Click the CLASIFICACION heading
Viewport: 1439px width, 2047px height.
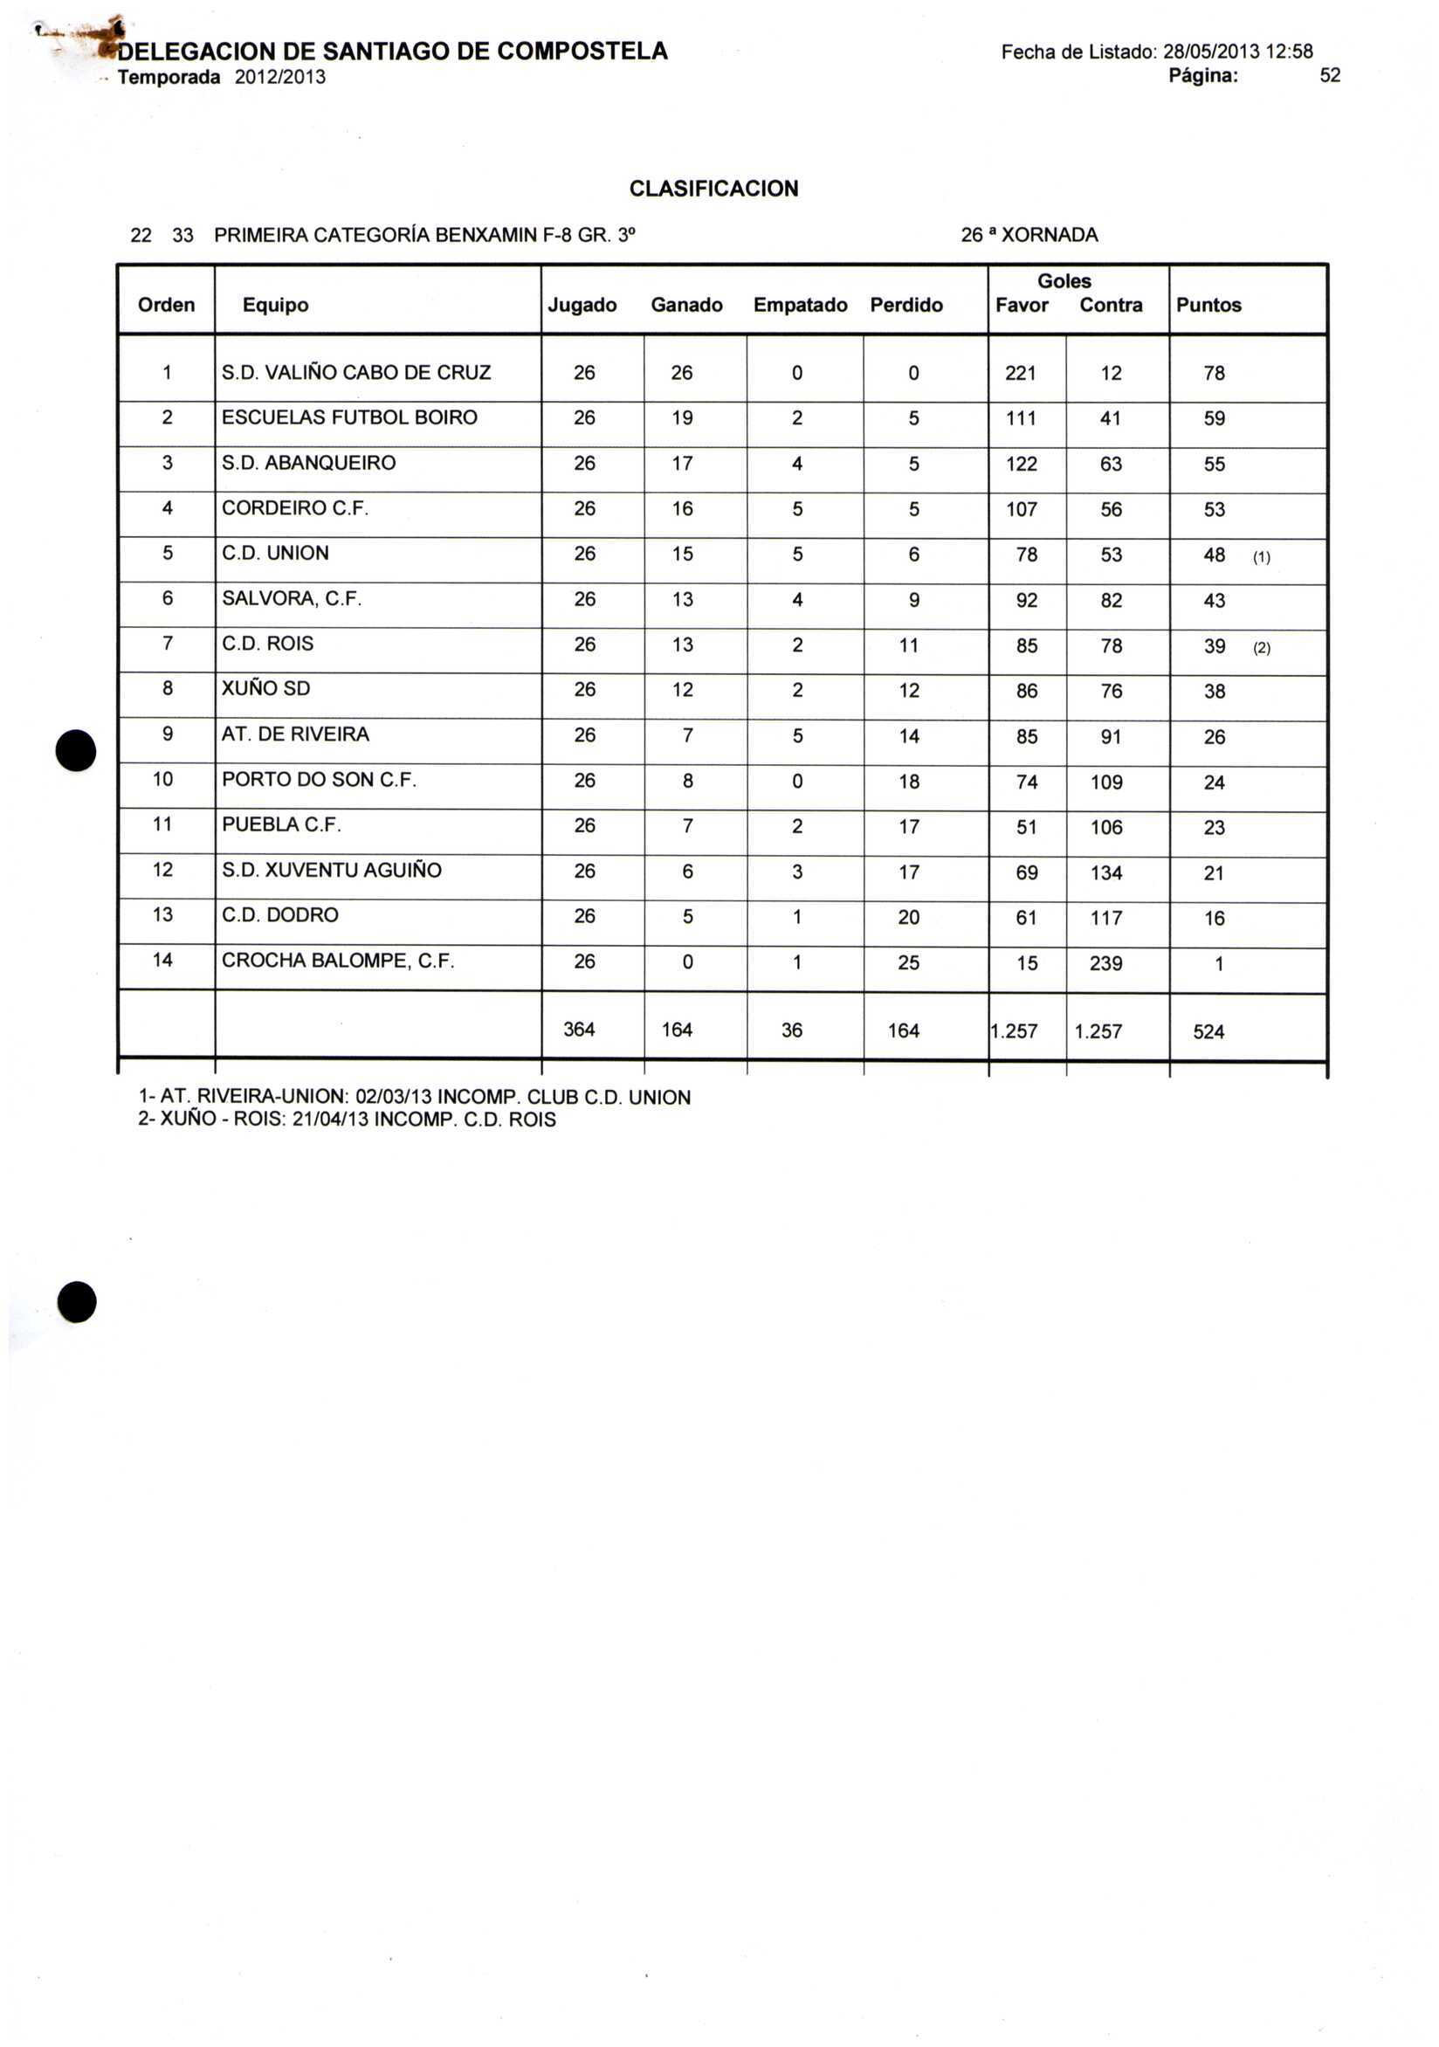(713, 189)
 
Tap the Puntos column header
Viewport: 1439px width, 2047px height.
(1208, 305)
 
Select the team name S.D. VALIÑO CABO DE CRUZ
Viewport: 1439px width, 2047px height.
(355, 373)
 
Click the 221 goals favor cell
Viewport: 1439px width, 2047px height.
(1020, 373)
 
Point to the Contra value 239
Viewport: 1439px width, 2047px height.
(1105, 963)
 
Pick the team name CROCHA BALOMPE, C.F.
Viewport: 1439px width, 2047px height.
(338, 961)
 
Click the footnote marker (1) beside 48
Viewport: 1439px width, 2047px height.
(1262, 558)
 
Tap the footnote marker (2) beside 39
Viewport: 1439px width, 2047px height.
(1262, 649)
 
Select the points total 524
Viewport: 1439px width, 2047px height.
(1208, 1031)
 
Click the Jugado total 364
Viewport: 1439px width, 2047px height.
(579, 1030)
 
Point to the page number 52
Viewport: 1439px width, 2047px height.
(1329, 76)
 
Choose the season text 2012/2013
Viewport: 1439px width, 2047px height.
(280, 78)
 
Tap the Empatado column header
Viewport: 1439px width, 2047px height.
(800, 305)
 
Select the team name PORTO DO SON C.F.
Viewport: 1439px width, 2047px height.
(320, 780)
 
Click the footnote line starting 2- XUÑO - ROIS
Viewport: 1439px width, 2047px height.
(347, 1120)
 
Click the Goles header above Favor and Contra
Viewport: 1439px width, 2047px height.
(1064, 282)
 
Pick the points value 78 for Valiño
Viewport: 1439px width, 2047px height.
(1214, 374)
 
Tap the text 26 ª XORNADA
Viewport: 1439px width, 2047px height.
(1029, 236)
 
